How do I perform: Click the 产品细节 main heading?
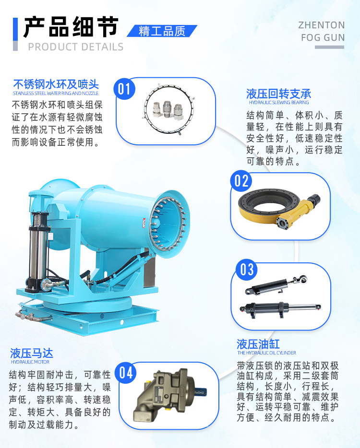pos(71,26)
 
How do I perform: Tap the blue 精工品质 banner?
pos(162,31)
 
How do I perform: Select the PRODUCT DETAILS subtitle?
pos(75,47)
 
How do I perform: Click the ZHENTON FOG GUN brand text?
pos(322,31)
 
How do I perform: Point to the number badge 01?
pos(124,89)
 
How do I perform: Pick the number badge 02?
pos(241,181)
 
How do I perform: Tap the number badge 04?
pos(126,372)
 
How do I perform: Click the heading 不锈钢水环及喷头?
pos(56,85)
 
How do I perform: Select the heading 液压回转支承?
pos(279,93)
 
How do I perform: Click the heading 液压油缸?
pos(258,344)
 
